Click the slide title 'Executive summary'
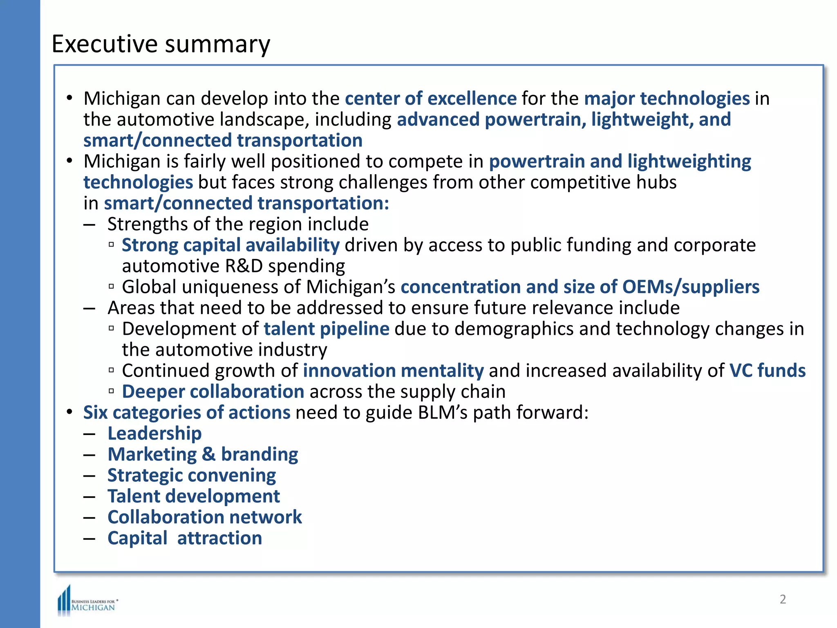click(161, 44)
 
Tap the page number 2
click(783, 599)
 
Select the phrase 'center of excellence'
click(431, 99)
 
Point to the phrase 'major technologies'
click(667, 99)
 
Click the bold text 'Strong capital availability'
click(231, 245)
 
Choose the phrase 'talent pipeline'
click(327, 329)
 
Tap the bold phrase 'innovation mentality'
click(393, 371)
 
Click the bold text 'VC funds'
click(767, 371)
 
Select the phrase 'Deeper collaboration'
click(213, 392)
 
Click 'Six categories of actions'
click(187, 413)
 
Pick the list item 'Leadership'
click(154, 433)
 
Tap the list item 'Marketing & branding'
click(203, 455)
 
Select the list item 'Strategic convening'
click(192, 475)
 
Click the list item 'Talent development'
click(194, 496)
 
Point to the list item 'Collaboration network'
click(204, 517)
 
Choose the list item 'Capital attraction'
click(185, 538)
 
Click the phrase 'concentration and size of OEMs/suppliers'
click(580, 287)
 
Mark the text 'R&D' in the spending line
click(244, 266)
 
